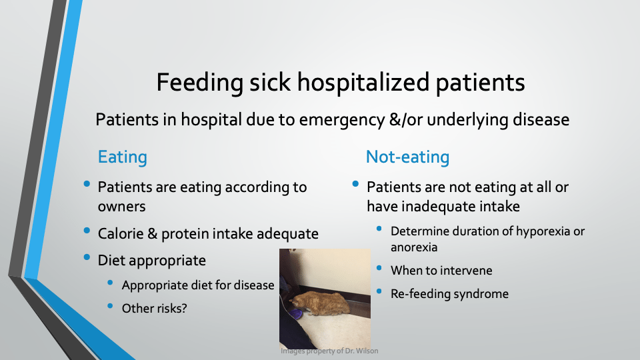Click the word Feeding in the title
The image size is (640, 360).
tap(200, 83)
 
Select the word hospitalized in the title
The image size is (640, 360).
tap(363, 82)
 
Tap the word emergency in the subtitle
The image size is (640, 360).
tap(342, 120)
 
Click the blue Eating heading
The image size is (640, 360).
tap(123, 157)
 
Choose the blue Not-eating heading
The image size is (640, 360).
tap(407, 157)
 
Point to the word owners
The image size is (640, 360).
tap(121, 207)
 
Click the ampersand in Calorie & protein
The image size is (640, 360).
tap(152, 233)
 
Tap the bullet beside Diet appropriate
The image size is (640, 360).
tap(87, 257)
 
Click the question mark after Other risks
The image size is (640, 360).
tap(184, 308)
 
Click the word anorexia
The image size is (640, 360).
tap(414, 247)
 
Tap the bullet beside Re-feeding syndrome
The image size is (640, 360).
tap(379, 291)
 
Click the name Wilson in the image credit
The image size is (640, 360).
tap(367, 351)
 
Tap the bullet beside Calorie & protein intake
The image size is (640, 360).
tap(87, 231)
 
